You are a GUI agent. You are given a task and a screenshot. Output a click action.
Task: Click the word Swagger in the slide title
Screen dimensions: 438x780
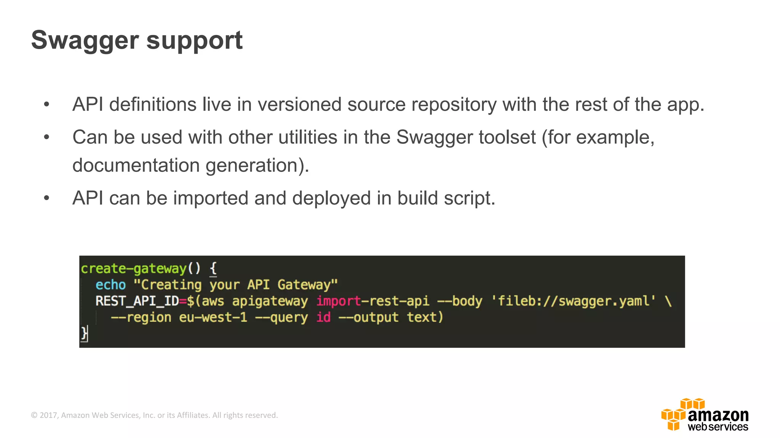[x=85, y=41]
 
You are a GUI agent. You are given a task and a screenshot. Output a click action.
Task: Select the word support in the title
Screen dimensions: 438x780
[x=194, y=41]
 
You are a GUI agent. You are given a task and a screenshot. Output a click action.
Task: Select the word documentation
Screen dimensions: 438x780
[x=136, y=165]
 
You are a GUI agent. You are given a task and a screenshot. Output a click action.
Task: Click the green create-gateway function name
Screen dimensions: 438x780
[x=133, y=268]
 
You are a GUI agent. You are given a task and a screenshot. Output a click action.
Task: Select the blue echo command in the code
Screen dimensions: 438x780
[x=110, y=285]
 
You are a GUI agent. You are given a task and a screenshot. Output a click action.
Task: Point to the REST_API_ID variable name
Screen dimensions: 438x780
[x=137, y=301]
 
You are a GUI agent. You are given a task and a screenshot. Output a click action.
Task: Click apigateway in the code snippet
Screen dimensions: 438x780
[x=270, y=301]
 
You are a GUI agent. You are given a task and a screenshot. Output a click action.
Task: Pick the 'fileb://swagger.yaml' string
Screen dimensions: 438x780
[x=573, y=301]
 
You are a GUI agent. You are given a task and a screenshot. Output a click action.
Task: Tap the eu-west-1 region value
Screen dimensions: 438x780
[x=213, y=317]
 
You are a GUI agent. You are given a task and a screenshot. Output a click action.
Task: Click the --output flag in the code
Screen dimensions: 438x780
[x=368, y=317]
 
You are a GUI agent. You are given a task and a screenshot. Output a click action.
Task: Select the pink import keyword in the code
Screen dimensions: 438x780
[x=338, y=301]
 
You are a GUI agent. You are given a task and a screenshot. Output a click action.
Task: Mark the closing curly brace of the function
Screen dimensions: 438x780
[x=84, y=333]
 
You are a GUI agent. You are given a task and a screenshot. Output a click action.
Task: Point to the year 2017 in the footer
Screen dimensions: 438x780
[x=48, y=415]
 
